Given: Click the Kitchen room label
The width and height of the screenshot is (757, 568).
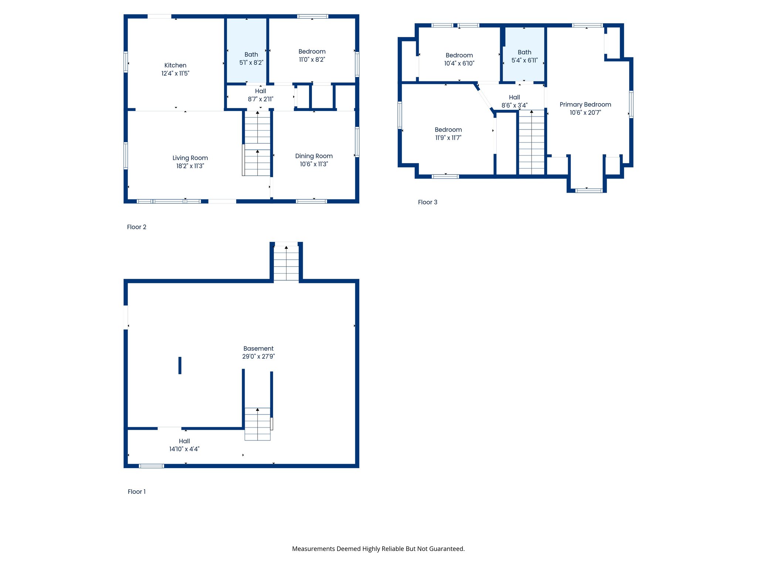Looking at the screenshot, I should point(175,65).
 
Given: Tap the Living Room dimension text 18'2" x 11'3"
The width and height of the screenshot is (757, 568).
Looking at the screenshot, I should point(190,166).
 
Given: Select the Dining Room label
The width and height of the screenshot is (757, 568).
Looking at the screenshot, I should point(314,156).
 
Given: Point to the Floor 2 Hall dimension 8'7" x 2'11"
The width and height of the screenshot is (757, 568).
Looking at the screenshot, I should point(261,99).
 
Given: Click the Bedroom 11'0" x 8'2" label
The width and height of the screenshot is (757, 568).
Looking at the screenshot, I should point(312,52).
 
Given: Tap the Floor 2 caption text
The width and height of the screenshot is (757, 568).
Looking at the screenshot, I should point(137,227).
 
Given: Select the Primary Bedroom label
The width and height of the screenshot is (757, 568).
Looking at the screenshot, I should point(585,105).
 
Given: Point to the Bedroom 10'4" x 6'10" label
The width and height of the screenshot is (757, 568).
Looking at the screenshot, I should point(459,55).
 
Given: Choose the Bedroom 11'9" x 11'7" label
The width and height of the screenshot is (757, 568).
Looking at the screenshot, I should point(448,130).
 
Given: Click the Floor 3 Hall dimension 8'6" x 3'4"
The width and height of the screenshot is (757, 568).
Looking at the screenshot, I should point(514,105).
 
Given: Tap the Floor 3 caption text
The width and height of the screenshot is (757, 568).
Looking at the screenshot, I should point(428,202).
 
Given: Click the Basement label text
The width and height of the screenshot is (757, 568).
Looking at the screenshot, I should point(258,349).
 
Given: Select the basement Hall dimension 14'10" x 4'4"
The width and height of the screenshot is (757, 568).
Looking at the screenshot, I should point(184,449).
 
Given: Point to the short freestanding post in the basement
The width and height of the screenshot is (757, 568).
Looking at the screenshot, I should point(180,365).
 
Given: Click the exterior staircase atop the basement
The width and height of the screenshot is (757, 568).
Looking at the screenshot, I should point(286,263).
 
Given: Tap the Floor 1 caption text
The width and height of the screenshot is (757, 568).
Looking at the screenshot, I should point(137,492).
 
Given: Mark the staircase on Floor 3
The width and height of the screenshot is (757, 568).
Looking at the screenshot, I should point(532,142).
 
